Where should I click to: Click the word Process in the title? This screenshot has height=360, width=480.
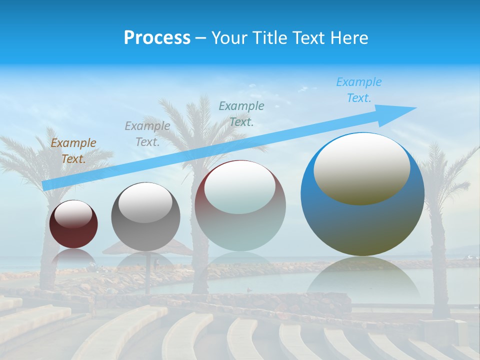[157, 38]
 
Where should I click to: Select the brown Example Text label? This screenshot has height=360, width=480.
[73, 151]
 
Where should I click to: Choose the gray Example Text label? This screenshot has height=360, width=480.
[147, 134]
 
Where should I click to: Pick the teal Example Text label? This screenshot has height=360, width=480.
[241, 114]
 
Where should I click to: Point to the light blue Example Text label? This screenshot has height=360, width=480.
[358, 90]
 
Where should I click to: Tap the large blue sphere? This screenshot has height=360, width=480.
[362, 220]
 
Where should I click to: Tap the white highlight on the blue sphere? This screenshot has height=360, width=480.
[361, 168]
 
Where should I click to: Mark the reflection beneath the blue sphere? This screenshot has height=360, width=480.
[363, 277]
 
